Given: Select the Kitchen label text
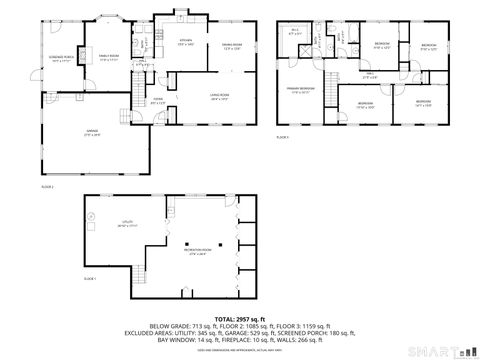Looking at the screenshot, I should [185, 43].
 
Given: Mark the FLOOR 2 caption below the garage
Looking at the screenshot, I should [47, 186].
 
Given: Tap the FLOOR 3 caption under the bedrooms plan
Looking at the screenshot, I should [282, 138].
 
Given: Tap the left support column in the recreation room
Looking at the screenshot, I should [188, 243].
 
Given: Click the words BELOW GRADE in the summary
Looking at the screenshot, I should [169, 325].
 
